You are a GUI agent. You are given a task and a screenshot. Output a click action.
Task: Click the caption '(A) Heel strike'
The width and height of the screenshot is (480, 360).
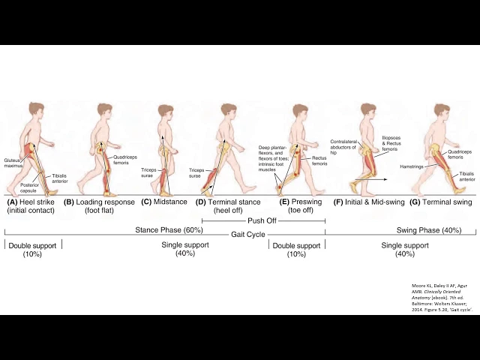[x=32, y=202]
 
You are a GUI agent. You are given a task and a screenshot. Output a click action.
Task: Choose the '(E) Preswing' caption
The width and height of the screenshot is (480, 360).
[x=300, y=202]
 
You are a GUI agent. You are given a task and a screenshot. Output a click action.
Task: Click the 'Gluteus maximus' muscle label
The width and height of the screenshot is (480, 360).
[x=11, y=162]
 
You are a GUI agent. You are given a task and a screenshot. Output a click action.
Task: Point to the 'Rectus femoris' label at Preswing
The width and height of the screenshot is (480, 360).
[x=319, y=160]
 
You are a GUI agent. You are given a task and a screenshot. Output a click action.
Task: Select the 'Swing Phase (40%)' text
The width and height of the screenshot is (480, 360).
[x=430, y=229]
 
